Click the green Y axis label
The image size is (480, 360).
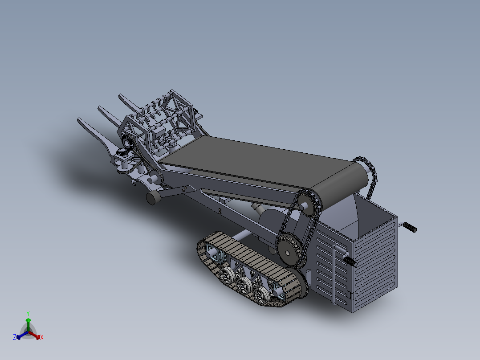(x=28, y=313)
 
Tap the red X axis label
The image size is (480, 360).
(x=41, y=337)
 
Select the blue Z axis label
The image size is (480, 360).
(x=15, y=337)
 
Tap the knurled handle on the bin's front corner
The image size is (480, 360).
(x=350, y=262)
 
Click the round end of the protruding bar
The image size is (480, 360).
(x=152, y=198)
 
